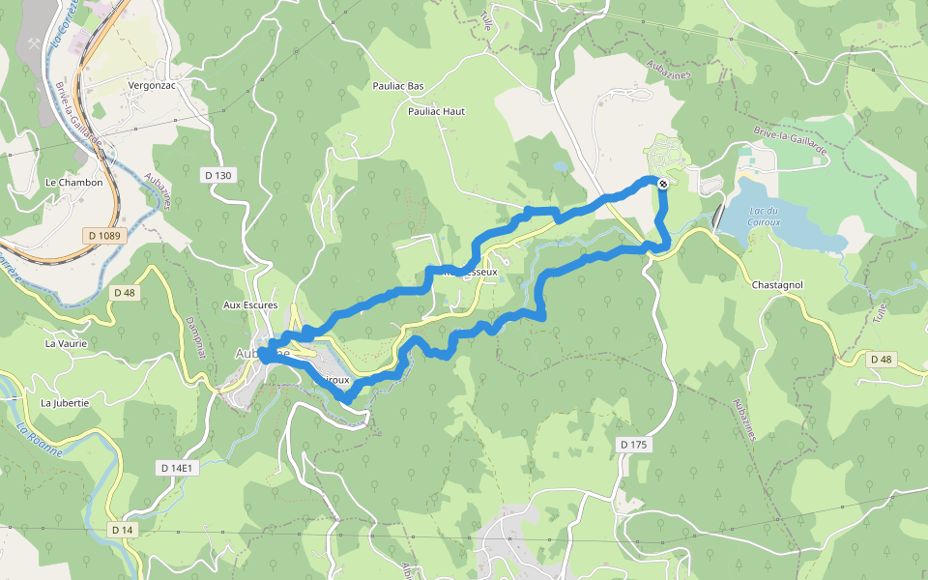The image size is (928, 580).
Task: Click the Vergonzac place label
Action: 150,85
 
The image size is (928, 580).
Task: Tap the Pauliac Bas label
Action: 398,86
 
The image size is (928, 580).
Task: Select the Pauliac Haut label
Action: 436,111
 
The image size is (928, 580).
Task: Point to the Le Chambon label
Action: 73,182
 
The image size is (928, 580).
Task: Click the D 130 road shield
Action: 218,175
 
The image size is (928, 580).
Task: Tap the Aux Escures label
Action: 250,305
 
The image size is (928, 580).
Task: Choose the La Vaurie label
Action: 66,343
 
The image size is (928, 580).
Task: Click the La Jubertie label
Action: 65,402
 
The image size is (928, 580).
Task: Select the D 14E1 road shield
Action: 177,468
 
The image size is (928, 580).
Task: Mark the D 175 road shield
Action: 633,444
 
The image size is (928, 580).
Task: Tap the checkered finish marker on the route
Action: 663,184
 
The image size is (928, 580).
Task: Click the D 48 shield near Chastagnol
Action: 881,360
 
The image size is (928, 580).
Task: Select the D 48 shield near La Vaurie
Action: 126,292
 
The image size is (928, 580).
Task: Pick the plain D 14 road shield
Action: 121,530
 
